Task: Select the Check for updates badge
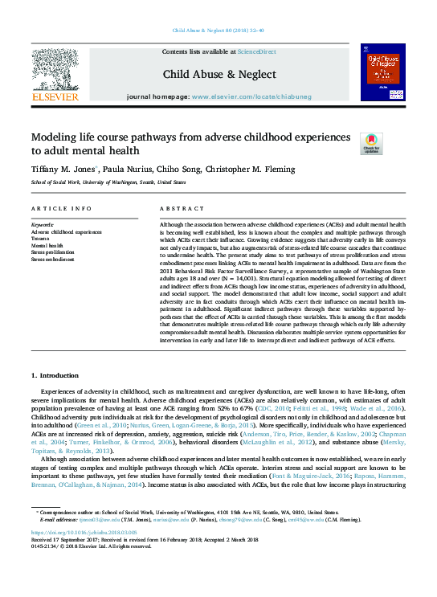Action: click(x=370, y=144)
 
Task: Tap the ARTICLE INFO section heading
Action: click(x=59, y=208)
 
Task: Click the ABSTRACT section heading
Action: click(x=178, y=208)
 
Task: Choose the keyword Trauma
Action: click(x=40, y=239)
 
